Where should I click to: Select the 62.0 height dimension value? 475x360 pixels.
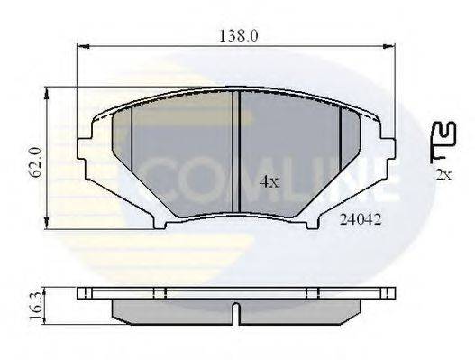point(34,161)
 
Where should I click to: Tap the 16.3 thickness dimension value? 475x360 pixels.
point(33,303)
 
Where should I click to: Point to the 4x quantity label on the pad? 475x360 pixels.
point(269,181)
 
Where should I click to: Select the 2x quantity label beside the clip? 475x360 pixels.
point(443,174)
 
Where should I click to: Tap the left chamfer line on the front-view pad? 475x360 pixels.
point(132,153)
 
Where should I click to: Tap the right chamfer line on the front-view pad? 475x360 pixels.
point(339,153)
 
